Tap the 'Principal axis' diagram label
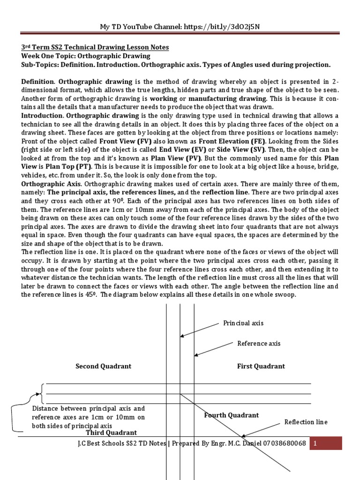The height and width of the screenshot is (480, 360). coord(243,322)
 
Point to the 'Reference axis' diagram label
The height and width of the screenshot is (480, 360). coord(259,343)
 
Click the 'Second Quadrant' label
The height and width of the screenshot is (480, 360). coord(103,366)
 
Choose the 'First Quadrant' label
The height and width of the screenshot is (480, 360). coord(261,366)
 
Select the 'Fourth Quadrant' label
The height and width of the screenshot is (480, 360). coord(232,415)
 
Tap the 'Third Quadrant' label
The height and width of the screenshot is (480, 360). coord(112,433)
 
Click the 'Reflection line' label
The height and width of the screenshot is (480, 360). coord(306,422)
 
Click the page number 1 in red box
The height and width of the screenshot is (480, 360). coord(316,443)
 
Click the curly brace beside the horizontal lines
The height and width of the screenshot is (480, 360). coord(41,394)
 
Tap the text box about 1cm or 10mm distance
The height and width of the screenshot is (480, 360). coord(89,417)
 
